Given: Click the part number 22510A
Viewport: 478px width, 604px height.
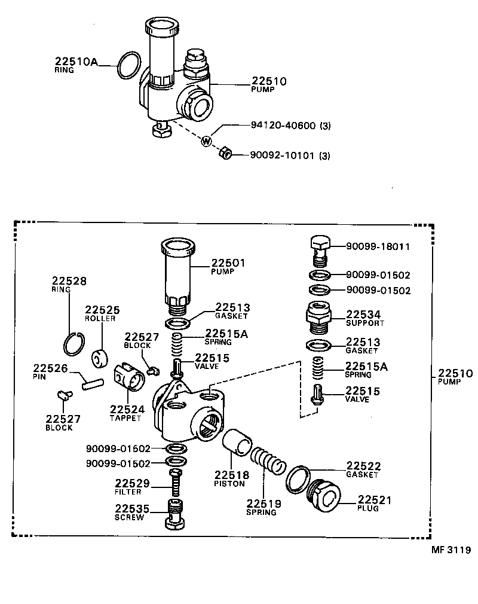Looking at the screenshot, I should (76, 61).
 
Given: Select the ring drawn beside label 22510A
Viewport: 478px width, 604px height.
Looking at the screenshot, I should (128, 65).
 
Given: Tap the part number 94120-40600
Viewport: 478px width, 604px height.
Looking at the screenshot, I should (283, 126).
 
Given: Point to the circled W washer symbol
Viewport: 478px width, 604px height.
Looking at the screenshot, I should (206, 142).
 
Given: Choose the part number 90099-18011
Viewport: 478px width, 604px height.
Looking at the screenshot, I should (378, 246).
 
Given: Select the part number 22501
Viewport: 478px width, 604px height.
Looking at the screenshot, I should (228, 263).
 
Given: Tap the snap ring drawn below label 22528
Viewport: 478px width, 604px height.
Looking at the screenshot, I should (75, 342).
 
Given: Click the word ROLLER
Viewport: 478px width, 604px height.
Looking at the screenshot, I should (100, 319).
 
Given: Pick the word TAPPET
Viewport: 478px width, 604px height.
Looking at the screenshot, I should (125, 418).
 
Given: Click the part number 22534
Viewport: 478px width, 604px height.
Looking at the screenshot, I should (364, 315).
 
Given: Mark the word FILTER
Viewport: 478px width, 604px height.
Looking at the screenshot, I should (128, 492).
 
